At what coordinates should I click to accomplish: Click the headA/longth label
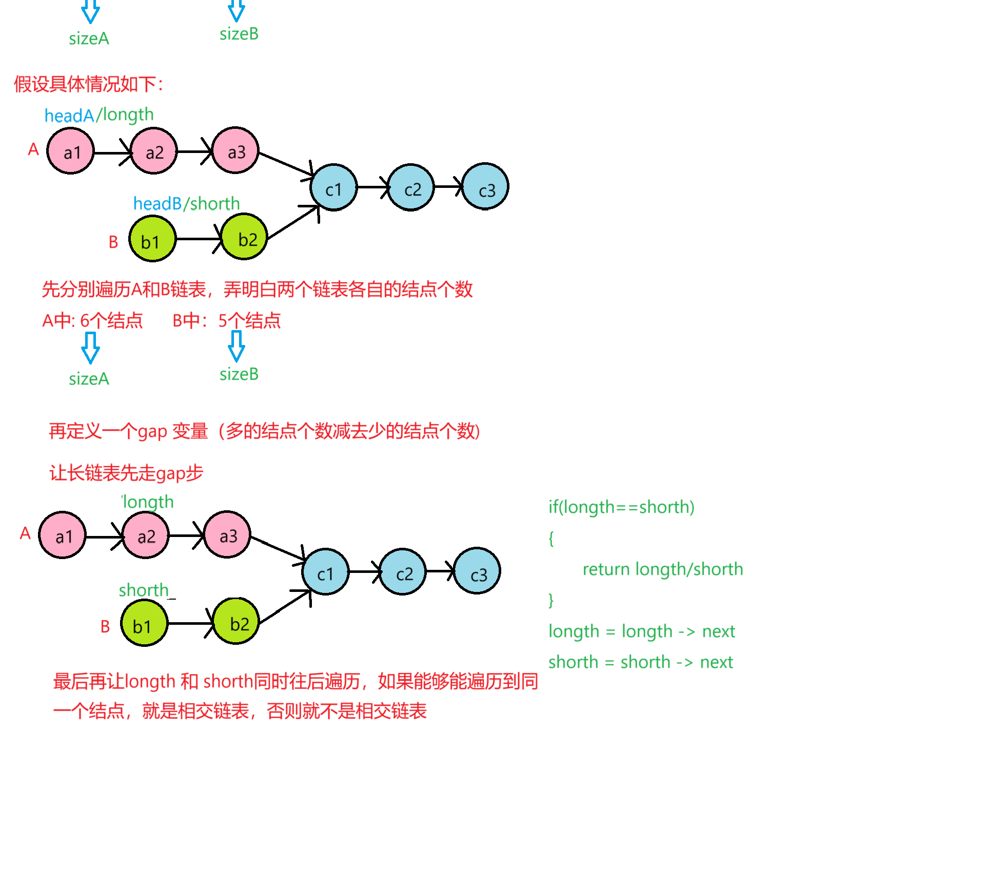(99, 115)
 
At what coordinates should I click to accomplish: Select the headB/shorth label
(186, 204)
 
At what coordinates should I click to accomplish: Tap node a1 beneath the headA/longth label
(71, 151)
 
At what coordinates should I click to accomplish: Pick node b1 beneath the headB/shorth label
(152, 240)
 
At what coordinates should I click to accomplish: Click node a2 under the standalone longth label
(146, 536)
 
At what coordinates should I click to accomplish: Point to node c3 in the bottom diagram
(477, 571)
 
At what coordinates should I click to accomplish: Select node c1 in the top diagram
(333, 187)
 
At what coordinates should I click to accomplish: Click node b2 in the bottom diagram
(236, 622)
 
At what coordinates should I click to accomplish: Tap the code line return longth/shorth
(662, 569)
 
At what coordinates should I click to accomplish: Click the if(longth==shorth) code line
(621, 507)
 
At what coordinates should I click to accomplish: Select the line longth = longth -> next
(641, 631)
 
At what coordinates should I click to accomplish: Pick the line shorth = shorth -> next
(640, 662)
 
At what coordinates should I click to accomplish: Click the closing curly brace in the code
(551, 600)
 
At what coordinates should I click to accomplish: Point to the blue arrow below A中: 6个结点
(91, 348)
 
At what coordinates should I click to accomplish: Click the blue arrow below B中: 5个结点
(236, 346)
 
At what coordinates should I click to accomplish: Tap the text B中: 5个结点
(226, 321)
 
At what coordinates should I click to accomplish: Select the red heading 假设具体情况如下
(88, 84)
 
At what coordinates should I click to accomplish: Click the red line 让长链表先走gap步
(126, 473)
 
